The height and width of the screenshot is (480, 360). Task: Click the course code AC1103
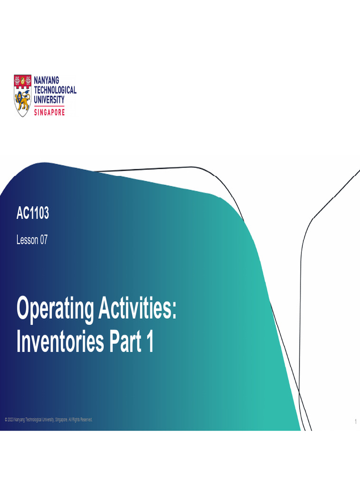(x=32, y=214)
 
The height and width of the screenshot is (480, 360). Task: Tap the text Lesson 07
(x=32, y=240)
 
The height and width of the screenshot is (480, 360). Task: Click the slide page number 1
(x=356, y=422)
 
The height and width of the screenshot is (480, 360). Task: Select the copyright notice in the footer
(x=49, y=420)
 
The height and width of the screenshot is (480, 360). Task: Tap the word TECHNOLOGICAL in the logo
(x=55, y=90)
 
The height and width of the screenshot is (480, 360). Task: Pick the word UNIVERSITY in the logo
(x=49, y=99)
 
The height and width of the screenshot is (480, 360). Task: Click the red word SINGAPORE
(x=49, y=112)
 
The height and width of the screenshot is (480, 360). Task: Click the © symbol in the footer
(x=6, y=420)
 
